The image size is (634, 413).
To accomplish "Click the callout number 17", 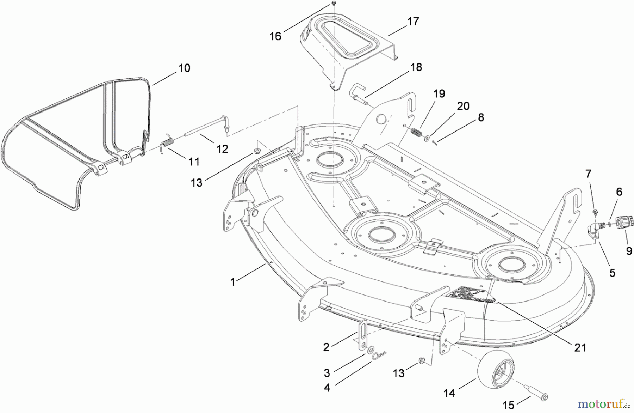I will (413, 21).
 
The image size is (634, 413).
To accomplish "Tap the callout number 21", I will (580, 347).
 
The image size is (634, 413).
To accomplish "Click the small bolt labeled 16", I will (333, 4).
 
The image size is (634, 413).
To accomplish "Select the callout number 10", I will (184, 68).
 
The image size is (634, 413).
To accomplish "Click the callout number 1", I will (232, 282).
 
